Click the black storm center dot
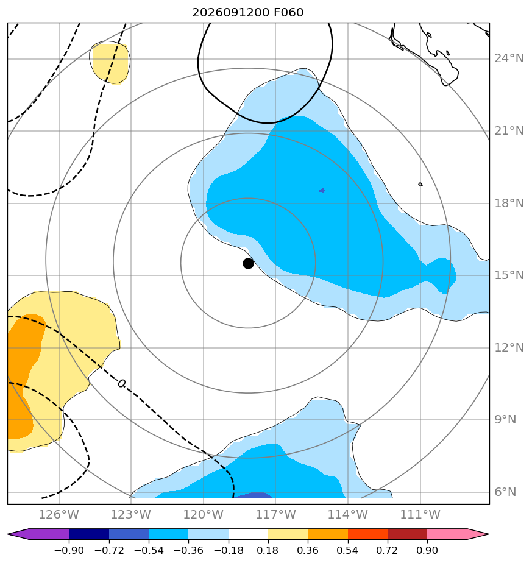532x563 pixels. tap(248, 264)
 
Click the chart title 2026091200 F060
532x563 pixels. tap(248, 13)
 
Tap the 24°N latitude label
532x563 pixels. tap(509, 58)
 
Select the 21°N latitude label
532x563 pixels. tap(509, 130)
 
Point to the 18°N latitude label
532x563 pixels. tap(509, 204)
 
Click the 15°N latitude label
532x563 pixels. tap(509, 275)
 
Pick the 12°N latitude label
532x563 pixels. tap(509, 347)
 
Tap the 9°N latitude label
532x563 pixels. tap(505, 420)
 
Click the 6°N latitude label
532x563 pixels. tap(505, 492)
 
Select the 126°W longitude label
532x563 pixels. tap(59, 514)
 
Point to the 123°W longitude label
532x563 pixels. tap(131, 514)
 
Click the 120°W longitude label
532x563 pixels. tap(204, 514)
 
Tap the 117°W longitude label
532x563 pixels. tap(275, 514)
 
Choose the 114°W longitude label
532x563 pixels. tap(348, 514)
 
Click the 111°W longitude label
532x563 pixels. tap(420, 514)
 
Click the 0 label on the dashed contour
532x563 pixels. tap(122, 383)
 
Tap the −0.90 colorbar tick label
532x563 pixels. tap(69, 550)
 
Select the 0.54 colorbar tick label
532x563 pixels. tap(348, 550)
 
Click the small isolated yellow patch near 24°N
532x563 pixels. tap(110, 63)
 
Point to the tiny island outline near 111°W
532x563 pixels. tap(420, 184)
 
